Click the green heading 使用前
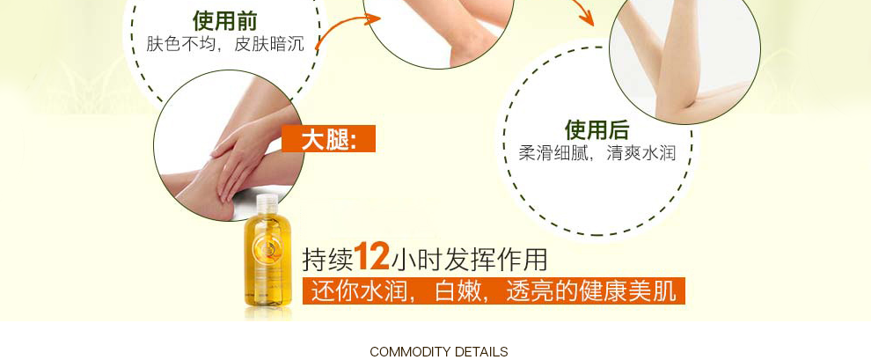(x=225, y=20)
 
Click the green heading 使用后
(x=597, y=130)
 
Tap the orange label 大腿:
(x=328, y=139)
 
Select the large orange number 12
(x=371, y=256)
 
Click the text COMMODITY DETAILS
(x=439, y=352)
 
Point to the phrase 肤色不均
(x=181, y=44)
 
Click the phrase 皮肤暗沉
(x=269, y=44)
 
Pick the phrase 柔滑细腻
(x=553, y=153)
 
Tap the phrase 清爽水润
(x=641, y=153)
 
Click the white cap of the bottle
(x=267, y=204)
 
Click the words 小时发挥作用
(x=470, y=260)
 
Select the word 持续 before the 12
(x=328, y=260)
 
